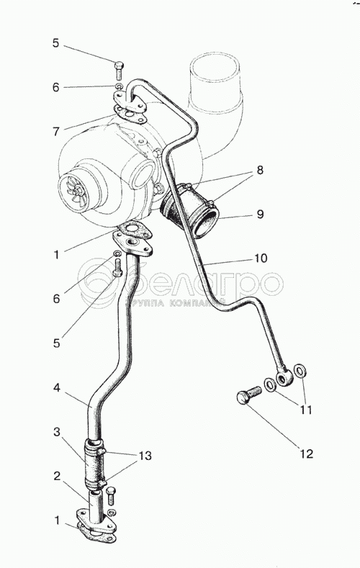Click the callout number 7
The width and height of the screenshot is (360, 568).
click(56, 131)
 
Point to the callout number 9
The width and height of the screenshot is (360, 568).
click(260, 214)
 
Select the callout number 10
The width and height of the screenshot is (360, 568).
click(261, 258)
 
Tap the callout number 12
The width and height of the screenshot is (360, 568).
click(306, 454)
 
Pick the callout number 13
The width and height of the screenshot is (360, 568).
click(145, 456)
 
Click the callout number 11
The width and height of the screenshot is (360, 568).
click(305, 410)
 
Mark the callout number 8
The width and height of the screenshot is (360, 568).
click(260, 170)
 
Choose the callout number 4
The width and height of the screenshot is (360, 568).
click(56, 387)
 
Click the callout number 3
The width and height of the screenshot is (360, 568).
click(56, 432)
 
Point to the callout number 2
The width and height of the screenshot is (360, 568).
click(56, 476)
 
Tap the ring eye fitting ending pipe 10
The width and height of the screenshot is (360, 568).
click(284, 377)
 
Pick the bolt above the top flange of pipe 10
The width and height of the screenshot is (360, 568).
click(119, 71)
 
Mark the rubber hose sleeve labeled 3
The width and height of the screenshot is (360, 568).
click(95, 463)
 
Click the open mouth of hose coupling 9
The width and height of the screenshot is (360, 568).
click(207, 224)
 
